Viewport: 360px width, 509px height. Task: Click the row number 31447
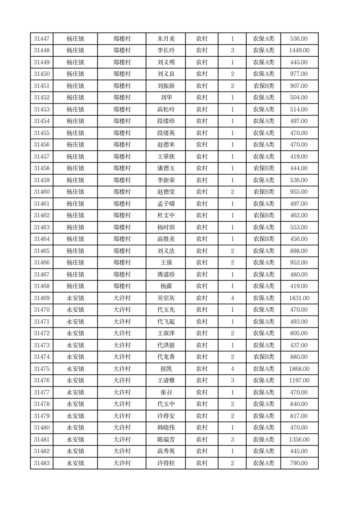coord(41,39)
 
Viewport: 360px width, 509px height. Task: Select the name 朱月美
coord(165,39)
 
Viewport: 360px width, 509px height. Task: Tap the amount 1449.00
coord(299,51)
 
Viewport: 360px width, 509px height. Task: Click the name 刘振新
coord(165,86)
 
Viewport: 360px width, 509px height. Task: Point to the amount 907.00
coord(299,86)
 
